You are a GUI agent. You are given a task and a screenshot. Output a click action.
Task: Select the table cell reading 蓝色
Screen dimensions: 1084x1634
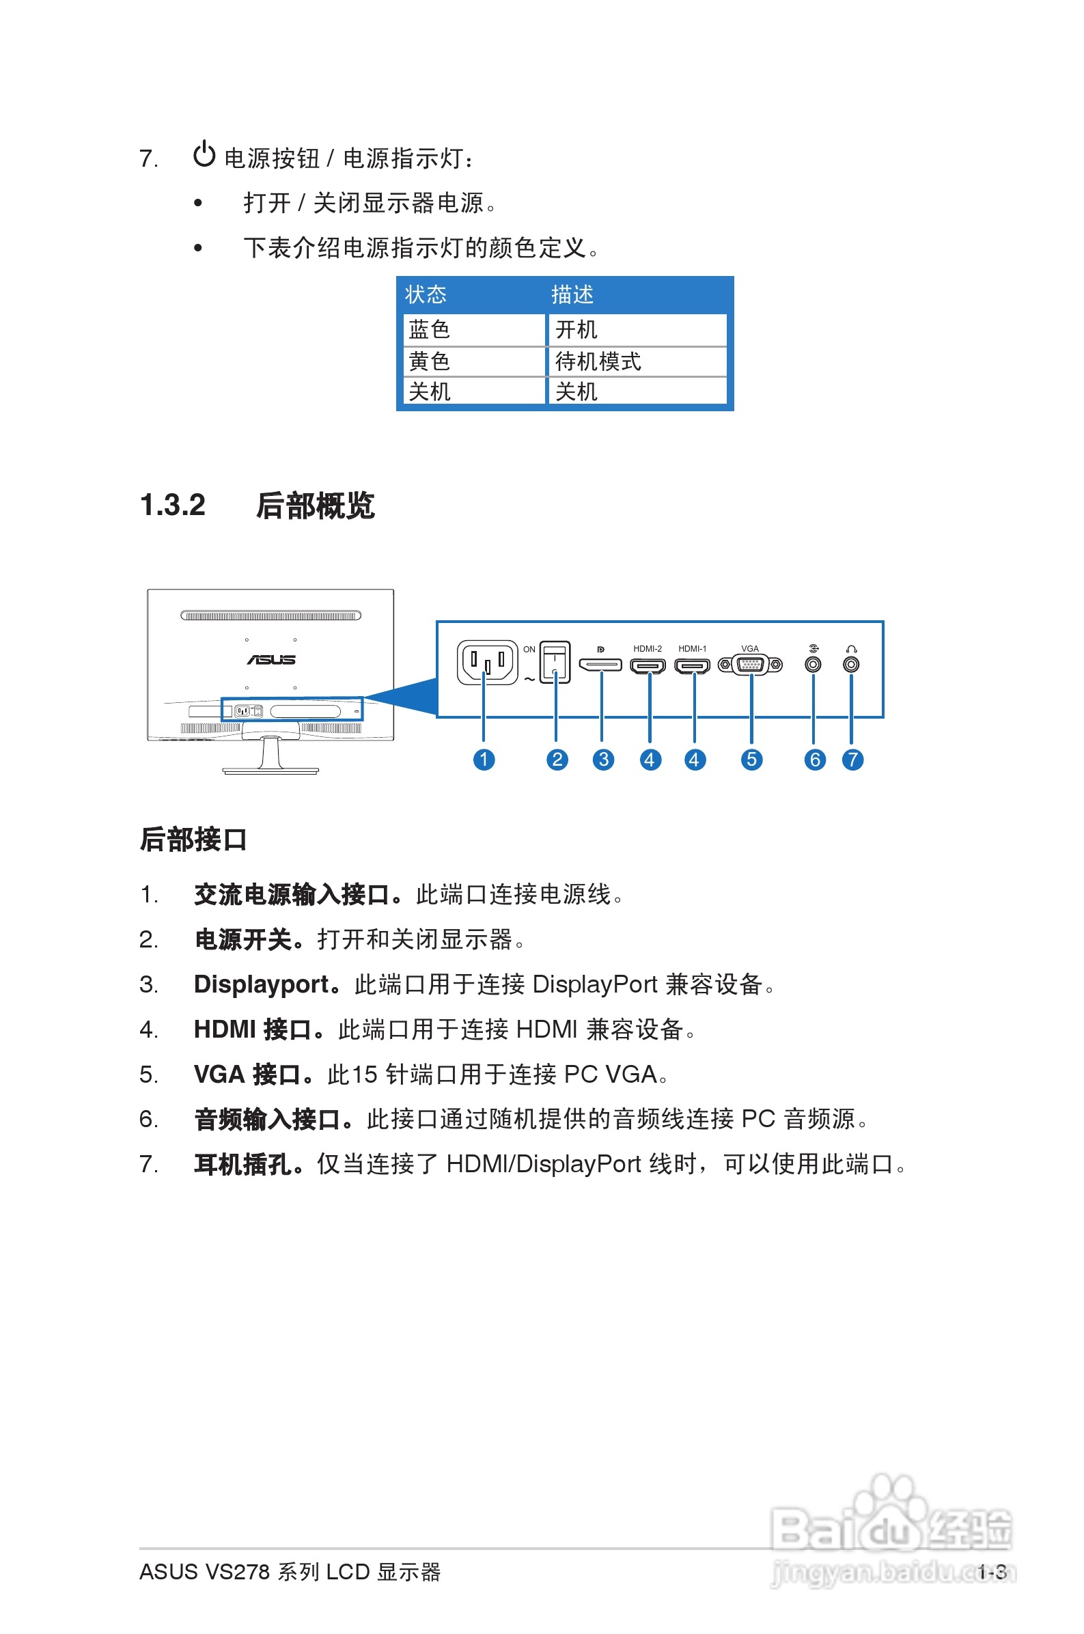coord(430,329)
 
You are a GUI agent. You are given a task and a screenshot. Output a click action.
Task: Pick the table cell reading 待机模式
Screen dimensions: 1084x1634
coord(598,361)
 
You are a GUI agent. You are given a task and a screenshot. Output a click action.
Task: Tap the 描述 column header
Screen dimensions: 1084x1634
coord(572,294)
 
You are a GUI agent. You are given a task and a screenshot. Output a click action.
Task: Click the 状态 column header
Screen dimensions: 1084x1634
coord(425,294)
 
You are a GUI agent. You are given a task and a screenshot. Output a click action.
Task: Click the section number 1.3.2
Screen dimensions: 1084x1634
coord(173,505)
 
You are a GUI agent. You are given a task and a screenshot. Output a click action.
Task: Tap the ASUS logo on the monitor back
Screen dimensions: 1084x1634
coord(271,659)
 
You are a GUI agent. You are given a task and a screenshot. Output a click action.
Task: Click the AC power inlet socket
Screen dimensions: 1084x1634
coord(487,662)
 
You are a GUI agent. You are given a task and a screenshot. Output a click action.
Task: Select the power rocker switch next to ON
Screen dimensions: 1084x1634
coord(555,662)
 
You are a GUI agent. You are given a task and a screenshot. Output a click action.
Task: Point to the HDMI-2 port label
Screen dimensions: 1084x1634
coord(647,648)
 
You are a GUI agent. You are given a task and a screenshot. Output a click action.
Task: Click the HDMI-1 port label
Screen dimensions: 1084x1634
coord(692,648)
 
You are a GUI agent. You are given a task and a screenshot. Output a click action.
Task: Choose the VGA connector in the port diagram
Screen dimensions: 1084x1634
coord(750,665)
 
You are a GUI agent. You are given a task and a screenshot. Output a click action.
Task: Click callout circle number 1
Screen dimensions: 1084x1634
coord(484,760)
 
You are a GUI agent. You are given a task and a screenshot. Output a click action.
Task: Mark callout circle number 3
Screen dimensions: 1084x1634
coord(604,760)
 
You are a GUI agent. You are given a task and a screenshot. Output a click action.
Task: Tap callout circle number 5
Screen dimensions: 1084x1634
coord(751,760)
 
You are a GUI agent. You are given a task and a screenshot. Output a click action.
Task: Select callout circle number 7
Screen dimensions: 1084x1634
coord(852,760)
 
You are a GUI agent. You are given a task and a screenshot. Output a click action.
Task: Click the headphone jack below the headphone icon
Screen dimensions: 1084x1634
coord(851,664)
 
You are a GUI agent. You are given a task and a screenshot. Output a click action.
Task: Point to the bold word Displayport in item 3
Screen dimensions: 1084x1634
coord(262,984)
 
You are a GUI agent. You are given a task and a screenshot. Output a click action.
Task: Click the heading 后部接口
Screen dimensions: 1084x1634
coord(193,839)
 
